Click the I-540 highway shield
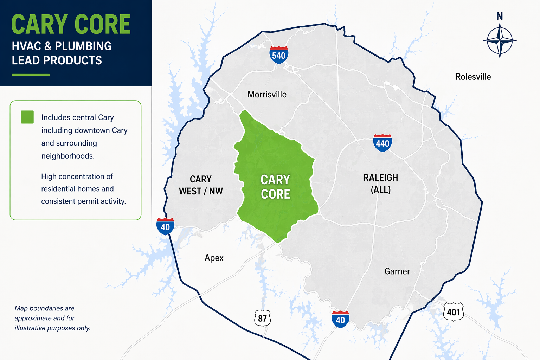pos(279,55)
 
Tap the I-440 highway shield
pos(382,143)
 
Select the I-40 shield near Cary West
pos(165,226)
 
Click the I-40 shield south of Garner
pos(340,319)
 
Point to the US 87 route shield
pos(262,318)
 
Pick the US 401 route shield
pos(454,311)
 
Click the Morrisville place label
pos(267,94)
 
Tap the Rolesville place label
pos(473,77)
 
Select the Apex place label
pos(214,258)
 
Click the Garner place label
pos(397,271)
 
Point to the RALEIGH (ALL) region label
pos(381,184)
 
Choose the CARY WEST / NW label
pos(201,185)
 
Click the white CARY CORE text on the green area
pos(275,187)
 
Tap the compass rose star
pos(499,40)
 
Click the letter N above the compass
pos(499,16)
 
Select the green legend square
pos(27,117)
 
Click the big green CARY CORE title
pos(71,25)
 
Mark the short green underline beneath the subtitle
pos(31,75)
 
